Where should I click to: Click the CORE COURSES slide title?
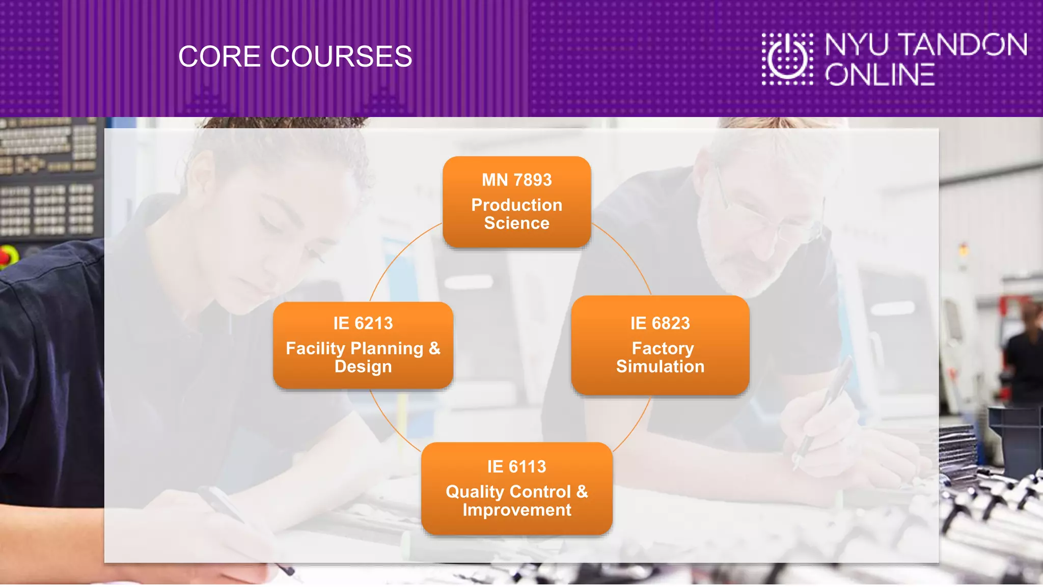[295, 57]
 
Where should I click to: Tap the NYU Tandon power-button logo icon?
[787, 59]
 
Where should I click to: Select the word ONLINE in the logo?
[880, 75]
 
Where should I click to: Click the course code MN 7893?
[516, 180]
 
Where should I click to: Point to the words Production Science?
[516, 214]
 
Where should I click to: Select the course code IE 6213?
[363, 323]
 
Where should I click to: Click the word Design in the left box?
[363, 367]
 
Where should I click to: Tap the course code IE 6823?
[660, 323]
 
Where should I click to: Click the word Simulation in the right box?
[660, 367]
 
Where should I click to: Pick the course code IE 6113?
[516, 467]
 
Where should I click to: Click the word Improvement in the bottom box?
[516, 510]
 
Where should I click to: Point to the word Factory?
[663, 348]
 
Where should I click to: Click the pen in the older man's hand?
[825, 407]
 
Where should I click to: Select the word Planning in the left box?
[387, 349]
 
